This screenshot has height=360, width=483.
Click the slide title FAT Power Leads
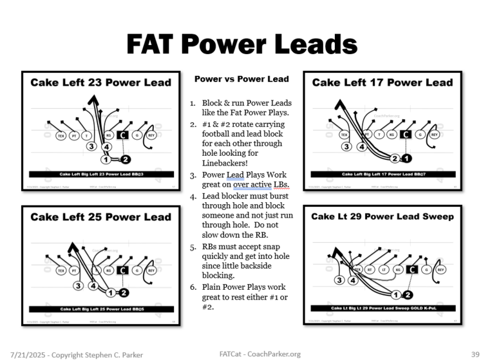[x=241, y=43]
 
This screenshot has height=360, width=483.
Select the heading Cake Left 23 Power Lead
[x=100, y=82]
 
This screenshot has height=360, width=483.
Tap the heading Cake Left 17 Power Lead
[x=383, y=82]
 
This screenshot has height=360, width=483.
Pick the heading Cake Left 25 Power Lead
[x=100, y=217]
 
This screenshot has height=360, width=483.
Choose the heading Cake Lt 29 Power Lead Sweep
[x=383, y=216]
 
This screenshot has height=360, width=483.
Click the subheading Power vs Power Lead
[x=241, y=79]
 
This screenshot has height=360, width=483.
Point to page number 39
[x=468, y=354]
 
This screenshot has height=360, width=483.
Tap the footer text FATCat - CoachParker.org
[x=260, y=354]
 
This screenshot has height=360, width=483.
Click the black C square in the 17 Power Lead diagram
[x=405, y=135]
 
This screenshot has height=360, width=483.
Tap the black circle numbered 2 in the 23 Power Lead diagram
[x=125, y=158]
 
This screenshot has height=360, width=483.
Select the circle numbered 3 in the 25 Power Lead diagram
[x=78, y=285]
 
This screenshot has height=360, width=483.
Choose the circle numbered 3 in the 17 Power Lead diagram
[x=346, y=147]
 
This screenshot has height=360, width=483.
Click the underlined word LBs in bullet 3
[x=281, y=185]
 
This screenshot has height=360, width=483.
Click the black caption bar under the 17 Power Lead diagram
[x=383, y=174]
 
